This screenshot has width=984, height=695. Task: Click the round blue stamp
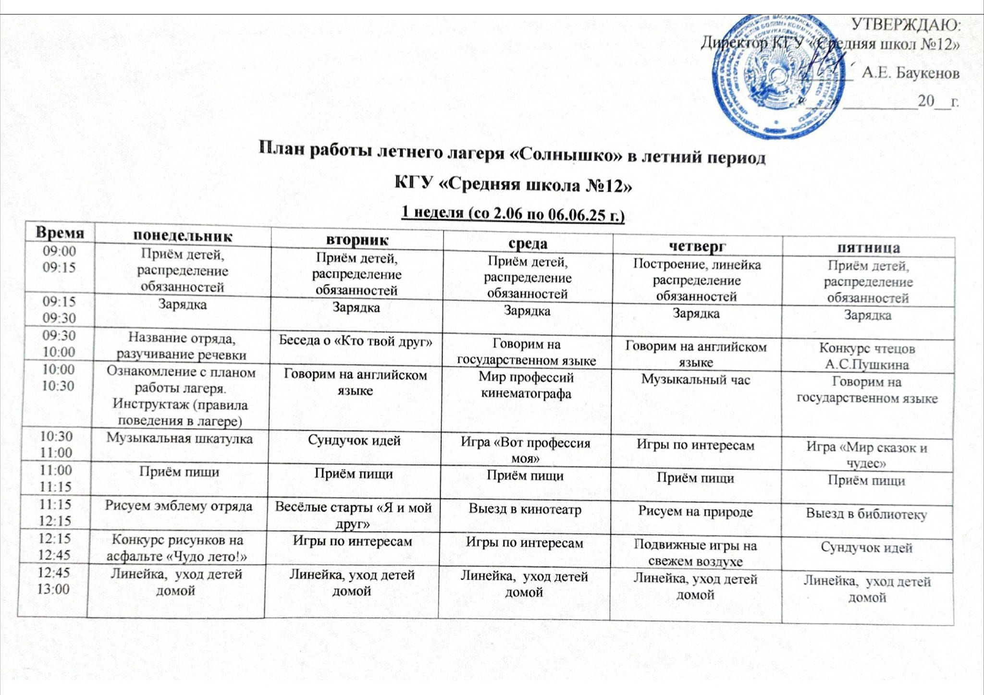[x=774, y=77]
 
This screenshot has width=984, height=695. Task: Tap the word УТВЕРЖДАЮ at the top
[x=906, y=24]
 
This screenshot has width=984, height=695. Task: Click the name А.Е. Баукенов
[x=910, y=73]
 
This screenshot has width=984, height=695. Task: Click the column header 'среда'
[x=528, y=244]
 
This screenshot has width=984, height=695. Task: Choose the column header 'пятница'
[x=868, y=248]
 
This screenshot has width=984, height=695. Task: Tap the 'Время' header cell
[x=60, y=233]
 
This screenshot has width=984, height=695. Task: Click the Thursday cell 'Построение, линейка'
[x=697, y=280]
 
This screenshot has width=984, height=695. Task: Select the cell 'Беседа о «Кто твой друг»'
[x=356, y=341]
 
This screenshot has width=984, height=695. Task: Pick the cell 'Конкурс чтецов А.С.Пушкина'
[x=867, y=356]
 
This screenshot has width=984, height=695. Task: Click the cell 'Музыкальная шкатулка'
[x=179, y=438]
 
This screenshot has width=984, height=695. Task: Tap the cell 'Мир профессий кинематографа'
[x=526, y=385]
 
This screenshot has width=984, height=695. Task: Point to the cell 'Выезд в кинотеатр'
[x=525, y=509]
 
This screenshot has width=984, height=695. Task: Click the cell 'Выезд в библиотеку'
[x=866, y=513]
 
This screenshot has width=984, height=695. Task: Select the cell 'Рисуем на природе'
[x=695, y=511]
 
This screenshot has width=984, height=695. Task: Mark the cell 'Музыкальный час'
[x=695, y=380]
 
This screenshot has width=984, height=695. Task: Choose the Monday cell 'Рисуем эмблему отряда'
[x=179, y=505]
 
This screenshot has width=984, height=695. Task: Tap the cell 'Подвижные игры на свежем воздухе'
[x=695, y=553]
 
